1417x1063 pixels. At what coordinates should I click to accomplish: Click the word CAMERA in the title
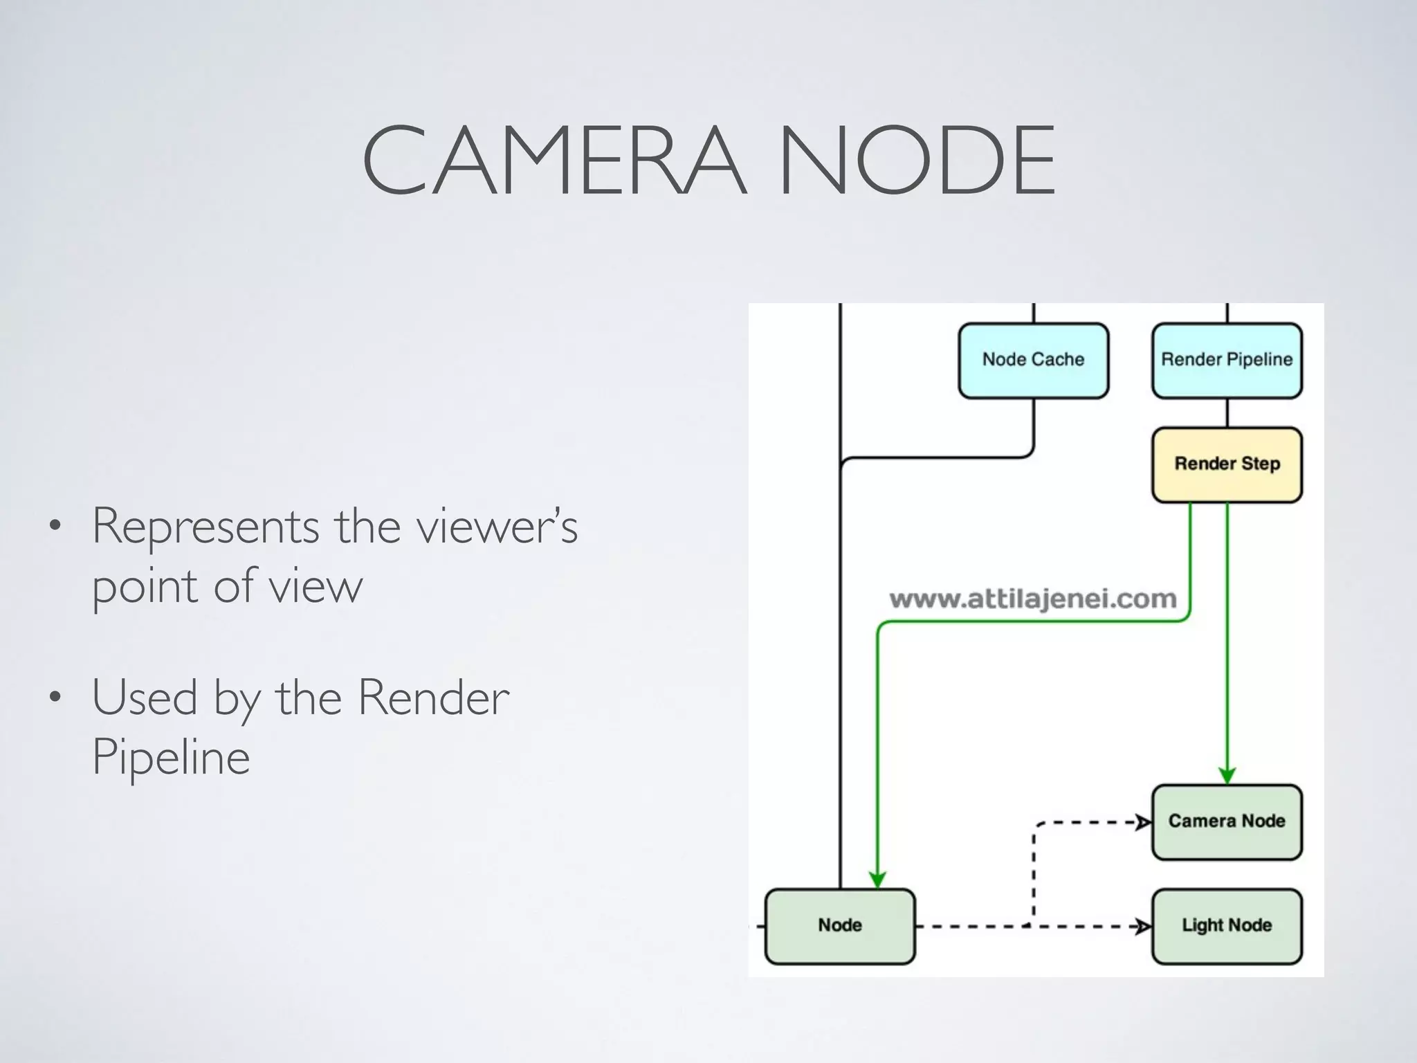(554, 161)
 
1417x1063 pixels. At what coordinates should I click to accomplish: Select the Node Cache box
(1033, 360)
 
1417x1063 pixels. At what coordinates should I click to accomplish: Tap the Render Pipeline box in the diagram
(1227, 360)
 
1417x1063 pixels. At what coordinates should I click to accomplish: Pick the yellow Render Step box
(1227, 464)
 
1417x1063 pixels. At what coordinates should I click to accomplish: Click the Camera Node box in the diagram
(1227, 821)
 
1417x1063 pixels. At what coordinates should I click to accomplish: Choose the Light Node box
(1227, 925)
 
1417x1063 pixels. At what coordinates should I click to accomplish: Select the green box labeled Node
(840, 925)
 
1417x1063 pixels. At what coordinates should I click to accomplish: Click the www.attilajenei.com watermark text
(1032, 599)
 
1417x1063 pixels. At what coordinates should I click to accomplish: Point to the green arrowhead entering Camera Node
(1227, 775)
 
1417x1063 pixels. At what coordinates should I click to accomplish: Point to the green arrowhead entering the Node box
(877, 880)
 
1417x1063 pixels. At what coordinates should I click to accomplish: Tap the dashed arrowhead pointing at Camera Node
(1143, 822)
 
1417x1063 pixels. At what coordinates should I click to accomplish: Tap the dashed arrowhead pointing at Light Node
(1143, 926)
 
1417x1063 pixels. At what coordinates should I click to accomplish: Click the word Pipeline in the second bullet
(171, 758)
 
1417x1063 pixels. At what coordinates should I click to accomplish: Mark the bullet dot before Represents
(55, 527)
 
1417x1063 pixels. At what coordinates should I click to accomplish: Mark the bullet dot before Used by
(55, 698)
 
